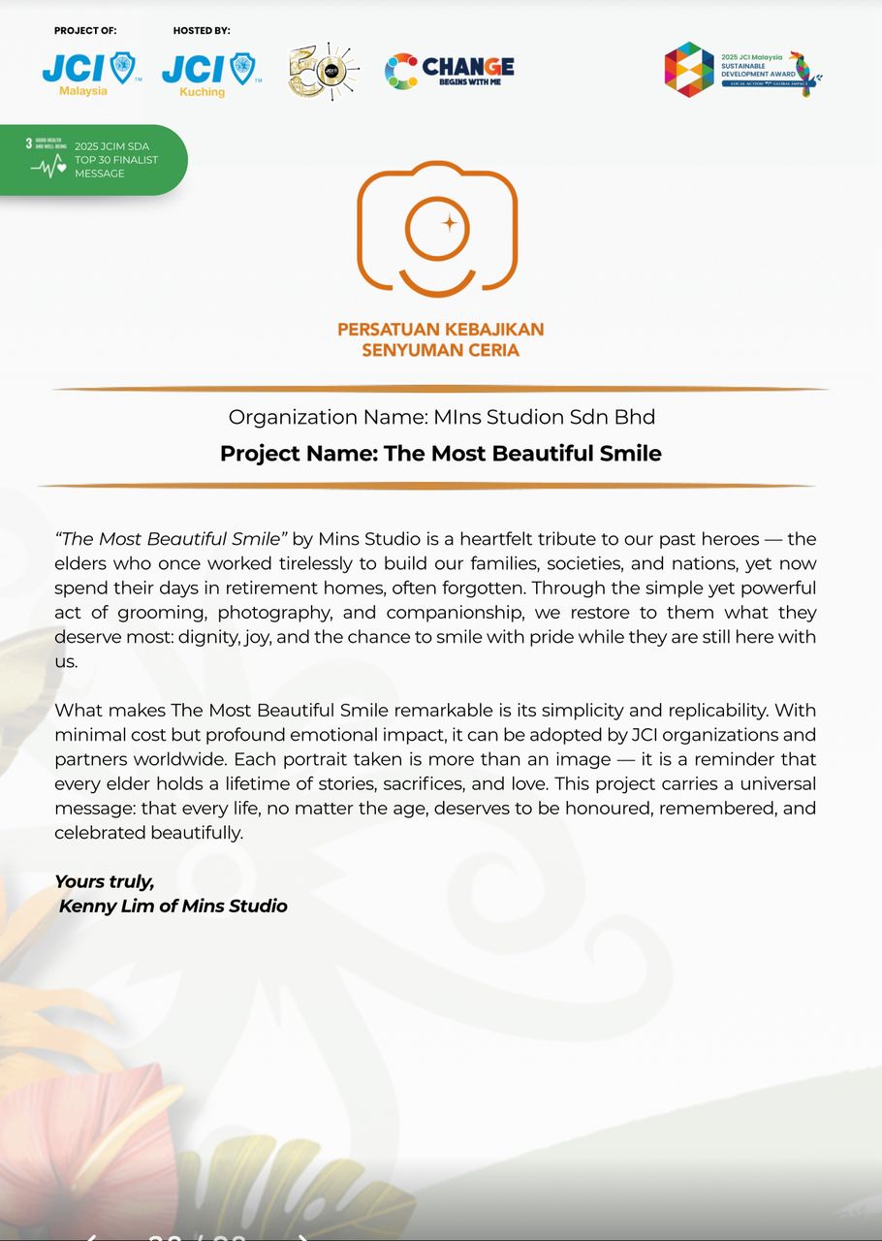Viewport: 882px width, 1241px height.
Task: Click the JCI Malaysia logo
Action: pos(91,73)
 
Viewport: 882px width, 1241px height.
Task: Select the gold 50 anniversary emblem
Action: pos(323,71)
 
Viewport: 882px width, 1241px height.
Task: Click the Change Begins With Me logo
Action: pos(449,71)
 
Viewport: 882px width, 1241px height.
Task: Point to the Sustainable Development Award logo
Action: pos(742,70)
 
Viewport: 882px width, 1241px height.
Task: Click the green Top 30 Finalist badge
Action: pos(93,160)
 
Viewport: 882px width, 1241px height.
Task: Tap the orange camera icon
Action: pos(437,229)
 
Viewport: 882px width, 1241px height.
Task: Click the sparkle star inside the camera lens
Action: pos(450,223)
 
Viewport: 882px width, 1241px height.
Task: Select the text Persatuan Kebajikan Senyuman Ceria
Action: pos(440,339)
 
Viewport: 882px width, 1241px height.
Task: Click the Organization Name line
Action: pos(441,417)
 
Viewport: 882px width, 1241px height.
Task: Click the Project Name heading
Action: pos(440,453)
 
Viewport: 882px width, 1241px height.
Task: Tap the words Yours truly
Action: pos(104,881)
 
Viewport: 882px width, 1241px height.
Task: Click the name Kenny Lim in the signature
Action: pos(100,907)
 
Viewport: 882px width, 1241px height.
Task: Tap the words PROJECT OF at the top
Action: pos(85,31)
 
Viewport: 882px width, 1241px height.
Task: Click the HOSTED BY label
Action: pos(202,31)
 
